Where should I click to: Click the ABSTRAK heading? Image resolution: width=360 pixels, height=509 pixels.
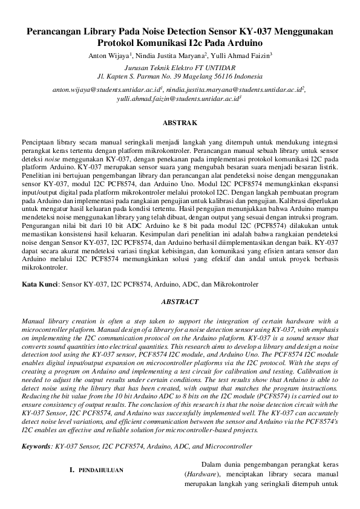(180, 123)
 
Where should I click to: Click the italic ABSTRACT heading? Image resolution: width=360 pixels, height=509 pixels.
(180, 300)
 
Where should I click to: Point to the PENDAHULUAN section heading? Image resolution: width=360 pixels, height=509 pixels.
(102, 470)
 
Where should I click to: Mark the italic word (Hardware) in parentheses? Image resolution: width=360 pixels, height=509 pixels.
(199, 476)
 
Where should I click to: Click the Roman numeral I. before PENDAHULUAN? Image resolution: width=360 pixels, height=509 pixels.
(72, 470)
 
